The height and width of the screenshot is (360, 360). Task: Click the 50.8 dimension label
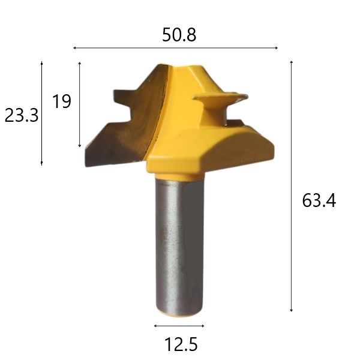pyautogui.click(x=179, y=35)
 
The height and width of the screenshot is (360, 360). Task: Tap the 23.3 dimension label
pyautogui.click(x=22, y=115)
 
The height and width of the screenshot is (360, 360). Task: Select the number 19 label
pyautogui.click(x=62, y=101)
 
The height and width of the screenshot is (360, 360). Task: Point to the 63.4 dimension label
pyautogui.click(x=319, y=200)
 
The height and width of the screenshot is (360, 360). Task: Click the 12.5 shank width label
pyautogui.click(x=181, y=344)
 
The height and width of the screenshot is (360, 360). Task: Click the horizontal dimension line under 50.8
pyautogui.click(x=175, y=48)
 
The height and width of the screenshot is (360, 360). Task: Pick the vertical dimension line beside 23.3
pyautogui.click(x=41, y=113)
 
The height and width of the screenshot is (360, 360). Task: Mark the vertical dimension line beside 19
pyautogui.click(x=80, y=104)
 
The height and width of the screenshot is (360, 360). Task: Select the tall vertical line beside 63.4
pyautogui.click(x=291, y=186)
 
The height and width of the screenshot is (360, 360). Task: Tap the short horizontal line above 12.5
pyautogui.click(x=179, y=326)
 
